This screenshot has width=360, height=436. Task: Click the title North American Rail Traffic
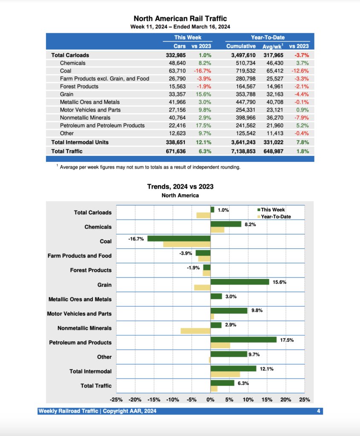click(180, 18)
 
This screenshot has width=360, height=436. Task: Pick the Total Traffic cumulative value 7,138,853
click(241, 151)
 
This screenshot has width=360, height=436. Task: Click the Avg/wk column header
click(273, 46)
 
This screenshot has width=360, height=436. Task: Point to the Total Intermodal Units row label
click(80, 142)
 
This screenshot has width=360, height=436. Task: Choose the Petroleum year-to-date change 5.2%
click(302, 125)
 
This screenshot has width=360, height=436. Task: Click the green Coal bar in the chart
click(179, 238)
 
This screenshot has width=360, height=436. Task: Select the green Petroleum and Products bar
click(243, 339)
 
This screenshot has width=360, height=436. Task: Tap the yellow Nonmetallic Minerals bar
click(196, 331)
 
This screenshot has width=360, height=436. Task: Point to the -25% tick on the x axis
click(116, 400)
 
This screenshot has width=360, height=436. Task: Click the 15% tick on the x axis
click(267, 400)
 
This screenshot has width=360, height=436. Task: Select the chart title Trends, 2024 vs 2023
click(180, 186)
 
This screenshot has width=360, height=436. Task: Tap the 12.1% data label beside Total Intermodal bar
click(266, 368)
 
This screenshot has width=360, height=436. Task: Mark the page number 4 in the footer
click(319, 411)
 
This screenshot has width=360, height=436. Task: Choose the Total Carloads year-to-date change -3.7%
click(301, 55)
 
